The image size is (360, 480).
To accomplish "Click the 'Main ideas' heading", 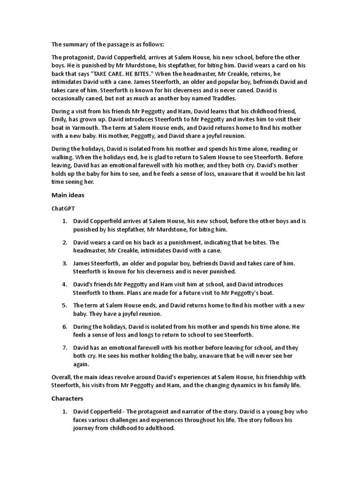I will pyautogui.click(x=67, y=195).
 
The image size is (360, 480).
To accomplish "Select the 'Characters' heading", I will pyautogui.click(x=67, y=398).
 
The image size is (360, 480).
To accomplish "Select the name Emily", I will pyautogui.click(x=60, y=120).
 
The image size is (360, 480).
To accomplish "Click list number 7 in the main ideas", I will pyautogui.click(x=65, y=348).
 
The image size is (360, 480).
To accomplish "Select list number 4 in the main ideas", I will pyautogui.click(x=65, y=285).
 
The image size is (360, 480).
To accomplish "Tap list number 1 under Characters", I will pyautogui.click(x=65, y=412).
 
